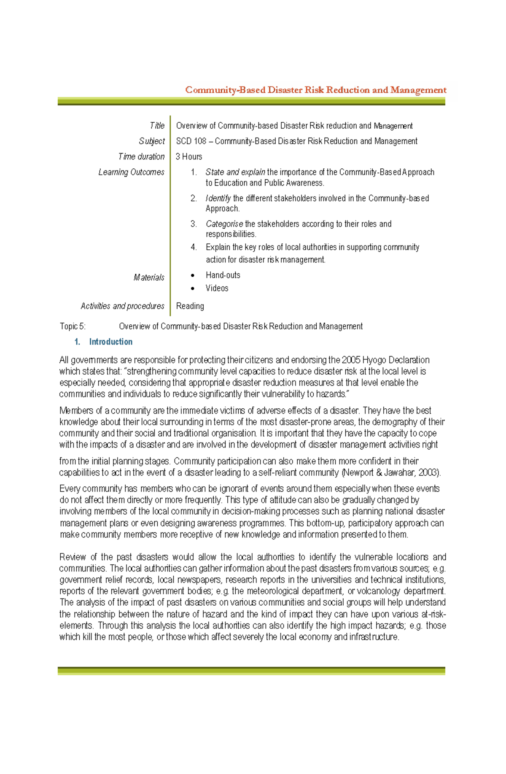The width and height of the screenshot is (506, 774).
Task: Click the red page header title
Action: (x=315, y=90)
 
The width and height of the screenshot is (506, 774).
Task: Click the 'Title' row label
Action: (x=157, y=126)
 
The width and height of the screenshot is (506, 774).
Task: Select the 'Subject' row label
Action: (x=152, y=141)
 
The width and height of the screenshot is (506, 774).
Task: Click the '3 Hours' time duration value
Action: (x=188, y=156)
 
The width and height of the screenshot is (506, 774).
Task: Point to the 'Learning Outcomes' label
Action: (x=131, y=172)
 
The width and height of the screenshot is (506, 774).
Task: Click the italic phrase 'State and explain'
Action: (x=235, y=172)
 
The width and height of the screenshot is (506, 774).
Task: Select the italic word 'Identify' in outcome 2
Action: (x=218, y=198)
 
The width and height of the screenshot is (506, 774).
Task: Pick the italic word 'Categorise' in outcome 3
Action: (x=224, y=224)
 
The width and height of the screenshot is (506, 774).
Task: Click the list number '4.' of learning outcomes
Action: (x=194, y=247)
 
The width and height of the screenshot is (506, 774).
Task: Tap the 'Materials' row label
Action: (x=149, y=278)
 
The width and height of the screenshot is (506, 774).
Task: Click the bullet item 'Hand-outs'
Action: (x=223, y=275)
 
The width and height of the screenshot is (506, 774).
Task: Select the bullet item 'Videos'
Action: (x=217, y=288)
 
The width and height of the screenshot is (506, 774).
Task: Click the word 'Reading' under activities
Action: (x=190, y=306)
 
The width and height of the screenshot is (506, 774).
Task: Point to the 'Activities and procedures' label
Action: (x=122, y=306)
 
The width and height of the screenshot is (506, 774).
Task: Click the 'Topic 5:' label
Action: (x=72, y=326)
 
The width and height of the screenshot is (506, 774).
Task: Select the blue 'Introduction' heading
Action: (x=110, y=342)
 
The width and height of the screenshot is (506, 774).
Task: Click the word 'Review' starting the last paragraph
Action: (x=72, y=557)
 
